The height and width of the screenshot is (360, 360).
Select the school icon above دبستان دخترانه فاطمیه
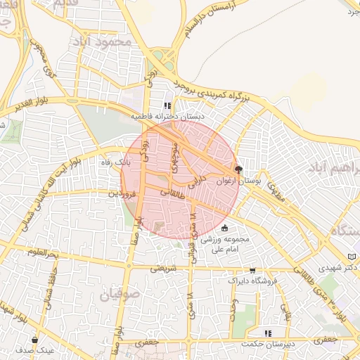tap(167, 106)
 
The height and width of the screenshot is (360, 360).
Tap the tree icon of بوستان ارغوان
tap(238, 169)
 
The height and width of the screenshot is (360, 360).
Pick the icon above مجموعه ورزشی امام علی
tap(224, 228)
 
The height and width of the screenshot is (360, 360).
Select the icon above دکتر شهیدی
tap(352, 257)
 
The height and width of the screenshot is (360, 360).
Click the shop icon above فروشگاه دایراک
tap(252, 270)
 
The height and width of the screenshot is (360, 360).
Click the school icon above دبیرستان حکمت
tap(266, 333)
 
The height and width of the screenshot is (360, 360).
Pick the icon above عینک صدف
tap(34, 340)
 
